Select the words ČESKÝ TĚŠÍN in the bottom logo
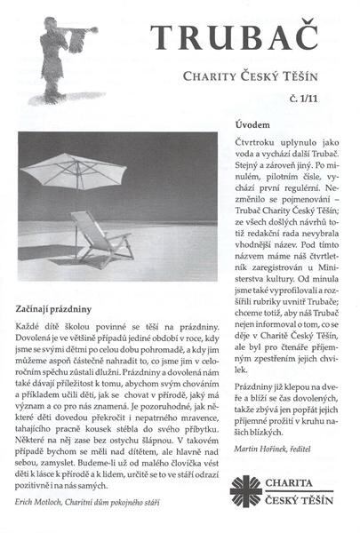click(x=298, y=502)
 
